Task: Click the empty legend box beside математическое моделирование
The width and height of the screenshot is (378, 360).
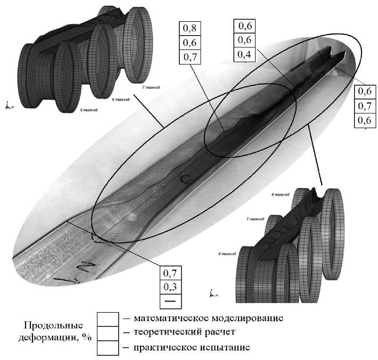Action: click(109, 319)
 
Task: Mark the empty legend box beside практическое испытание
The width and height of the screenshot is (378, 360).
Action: click(109, 347)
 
